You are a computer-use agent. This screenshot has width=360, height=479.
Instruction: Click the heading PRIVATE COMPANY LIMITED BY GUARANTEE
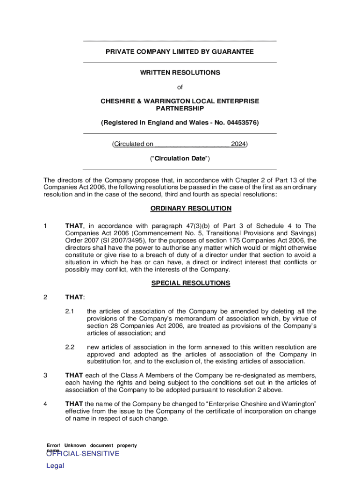point(180,52)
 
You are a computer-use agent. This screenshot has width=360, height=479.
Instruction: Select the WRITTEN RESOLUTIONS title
point(180,73)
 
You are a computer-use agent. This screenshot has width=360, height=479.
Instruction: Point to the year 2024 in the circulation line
point(238,144)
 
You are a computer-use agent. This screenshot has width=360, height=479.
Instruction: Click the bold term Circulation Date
point(180,159)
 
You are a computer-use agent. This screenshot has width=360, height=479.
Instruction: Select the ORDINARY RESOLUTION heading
point(191,209)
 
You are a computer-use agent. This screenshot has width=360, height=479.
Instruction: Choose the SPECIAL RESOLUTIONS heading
point(191,283)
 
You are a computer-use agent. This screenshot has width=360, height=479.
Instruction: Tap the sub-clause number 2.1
point(70,311)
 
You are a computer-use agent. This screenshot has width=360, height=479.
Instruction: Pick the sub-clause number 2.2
point(70,347)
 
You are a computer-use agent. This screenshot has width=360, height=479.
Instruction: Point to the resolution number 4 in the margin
point(45,404)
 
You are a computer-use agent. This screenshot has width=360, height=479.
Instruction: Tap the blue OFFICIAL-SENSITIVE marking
point(83,454)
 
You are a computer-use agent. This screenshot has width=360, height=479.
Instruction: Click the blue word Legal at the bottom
point(55,466)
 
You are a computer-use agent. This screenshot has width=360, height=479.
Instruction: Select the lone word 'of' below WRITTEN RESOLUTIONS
point(180,87)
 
